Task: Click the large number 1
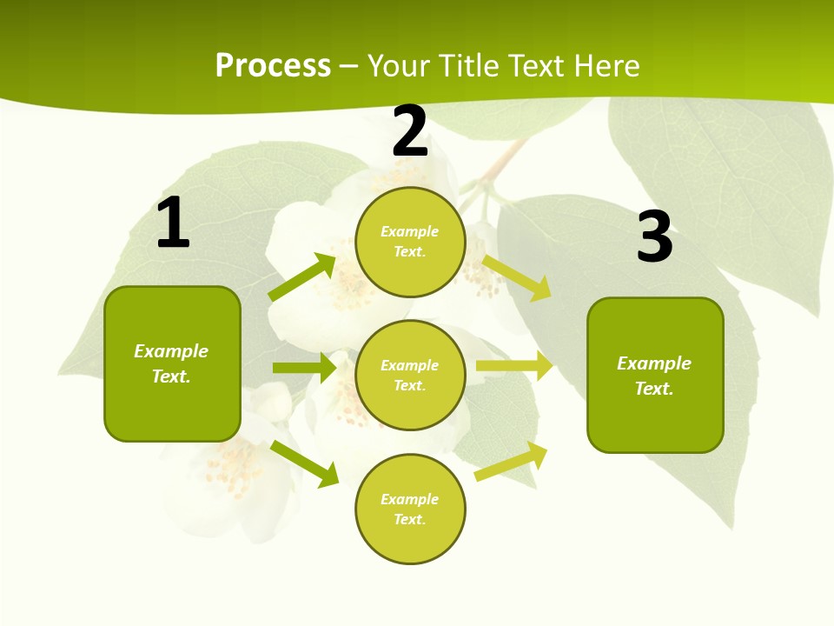173,223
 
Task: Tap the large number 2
410,132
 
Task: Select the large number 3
654,237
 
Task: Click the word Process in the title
273,65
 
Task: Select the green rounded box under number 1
172,363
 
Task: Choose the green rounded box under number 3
655,375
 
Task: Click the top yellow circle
410,242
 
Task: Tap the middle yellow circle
410,376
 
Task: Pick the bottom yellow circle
410,509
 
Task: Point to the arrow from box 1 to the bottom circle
305,463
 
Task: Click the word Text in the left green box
170,376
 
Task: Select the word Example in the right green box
654,363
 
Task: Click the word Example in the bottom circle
410,499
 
